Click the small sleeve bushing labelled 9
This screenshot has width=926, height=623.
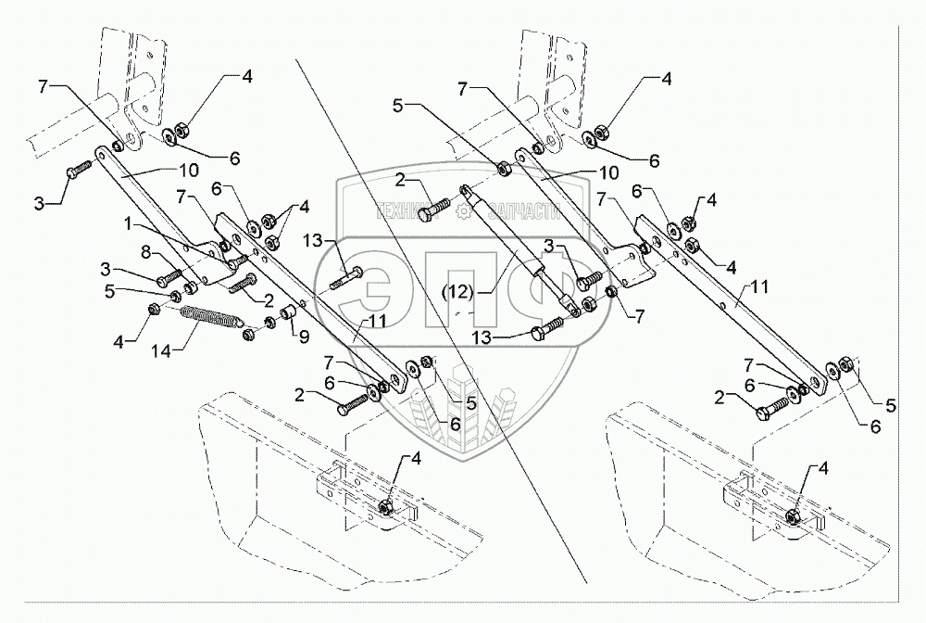(x=289, y=316)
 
